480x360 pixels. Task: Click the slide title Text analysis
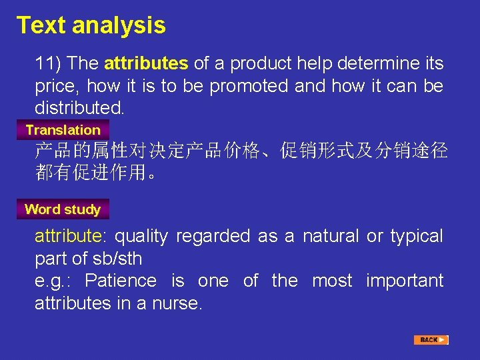tap(91, 25)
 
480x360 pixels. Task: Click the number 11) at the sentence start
tap(49, 64)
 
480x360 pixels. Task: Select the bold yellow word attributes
tap(146, 64)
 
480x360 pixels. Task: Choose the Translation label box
tap(63, 130)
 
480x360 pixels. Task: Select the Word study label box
tap(63, 209)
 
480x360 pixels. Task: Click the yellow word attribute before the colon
tap(67, 236)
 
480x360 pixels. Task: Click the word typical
tap(416, 236)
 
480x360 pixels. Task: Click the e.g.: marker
tap(53, 281)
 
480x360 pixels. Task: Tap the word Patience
tap(121, 281)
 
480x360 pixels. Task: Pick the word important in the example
tap(405, 281)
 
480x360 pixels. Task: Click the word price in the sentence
tap(55, 86)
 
